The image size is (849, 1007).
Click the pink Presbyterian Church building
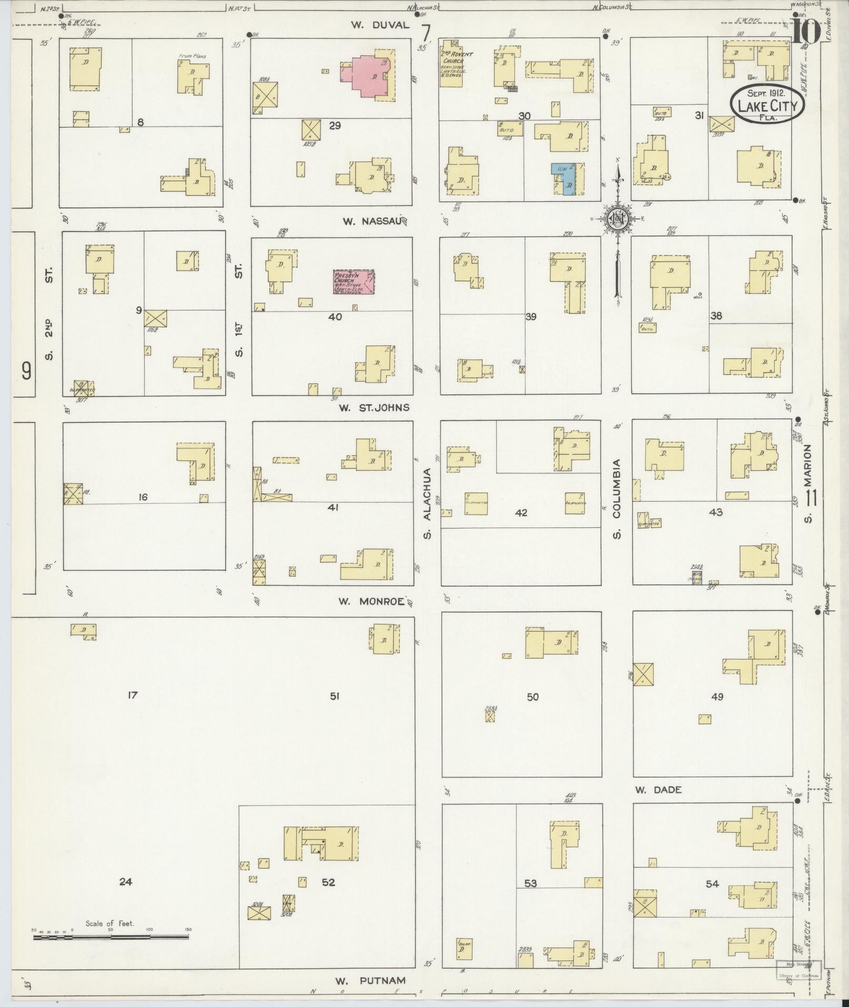coord(354,283)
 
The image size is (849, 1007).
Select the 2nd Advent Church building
coord(452,67)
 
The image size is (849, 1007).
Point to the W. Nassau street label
coord(372,222)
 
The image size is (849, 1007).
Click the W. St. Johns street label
coord(374,407)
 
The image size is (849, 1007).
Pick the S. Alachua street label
coord(427,504)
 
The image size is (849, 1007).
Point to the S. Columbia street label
coord(617,498)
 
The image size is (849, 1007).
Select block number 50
coord(533,697)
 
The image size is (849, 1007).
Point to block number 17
coord(132,695)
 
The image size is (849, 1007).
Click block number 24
coord(125,882)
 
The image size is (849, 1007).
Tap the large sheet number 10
coord(805,32)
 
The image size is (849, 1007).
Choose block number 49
coord(717,697)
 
